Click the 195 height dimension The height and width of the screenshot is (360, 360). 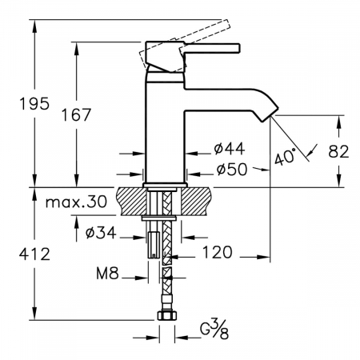[x=34, y=104]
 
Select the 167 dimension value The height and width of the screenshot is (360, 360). [x=77, y=115]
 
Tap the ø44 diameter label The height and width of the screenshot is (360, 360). [x=230, y=149]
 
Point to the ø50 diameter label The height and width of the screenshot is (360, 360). [x=232, y=169]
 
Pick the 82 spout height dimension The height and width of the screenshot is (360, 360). [x=338, y=151]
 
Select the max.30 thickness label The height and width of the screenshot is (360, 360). [x=77, y=202]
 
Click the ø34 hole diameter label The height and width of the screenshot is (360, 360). [x=101, y=232]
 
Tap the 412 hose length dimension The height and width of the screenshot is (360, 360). [x=34, y=254]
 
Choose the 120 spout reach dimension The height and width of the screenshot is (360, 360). [x=218, y=252]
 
